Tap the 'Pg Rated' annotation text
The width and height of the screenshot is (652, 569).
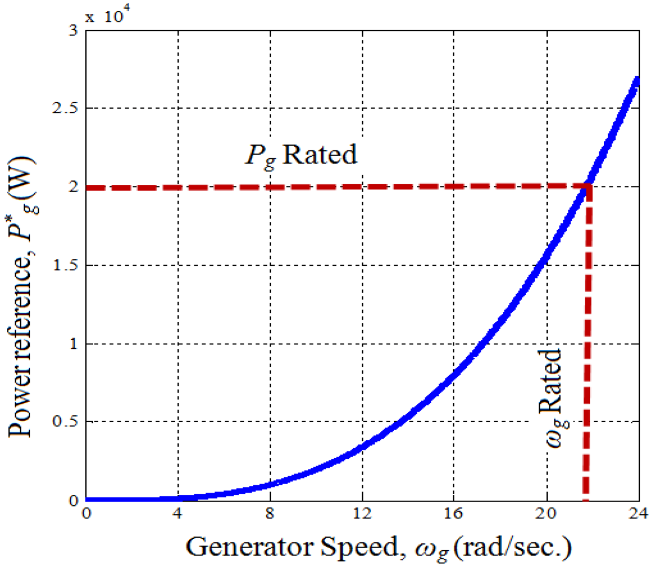(301, 154)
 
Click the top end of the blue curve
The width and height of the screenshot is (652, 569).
(638, 80)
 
